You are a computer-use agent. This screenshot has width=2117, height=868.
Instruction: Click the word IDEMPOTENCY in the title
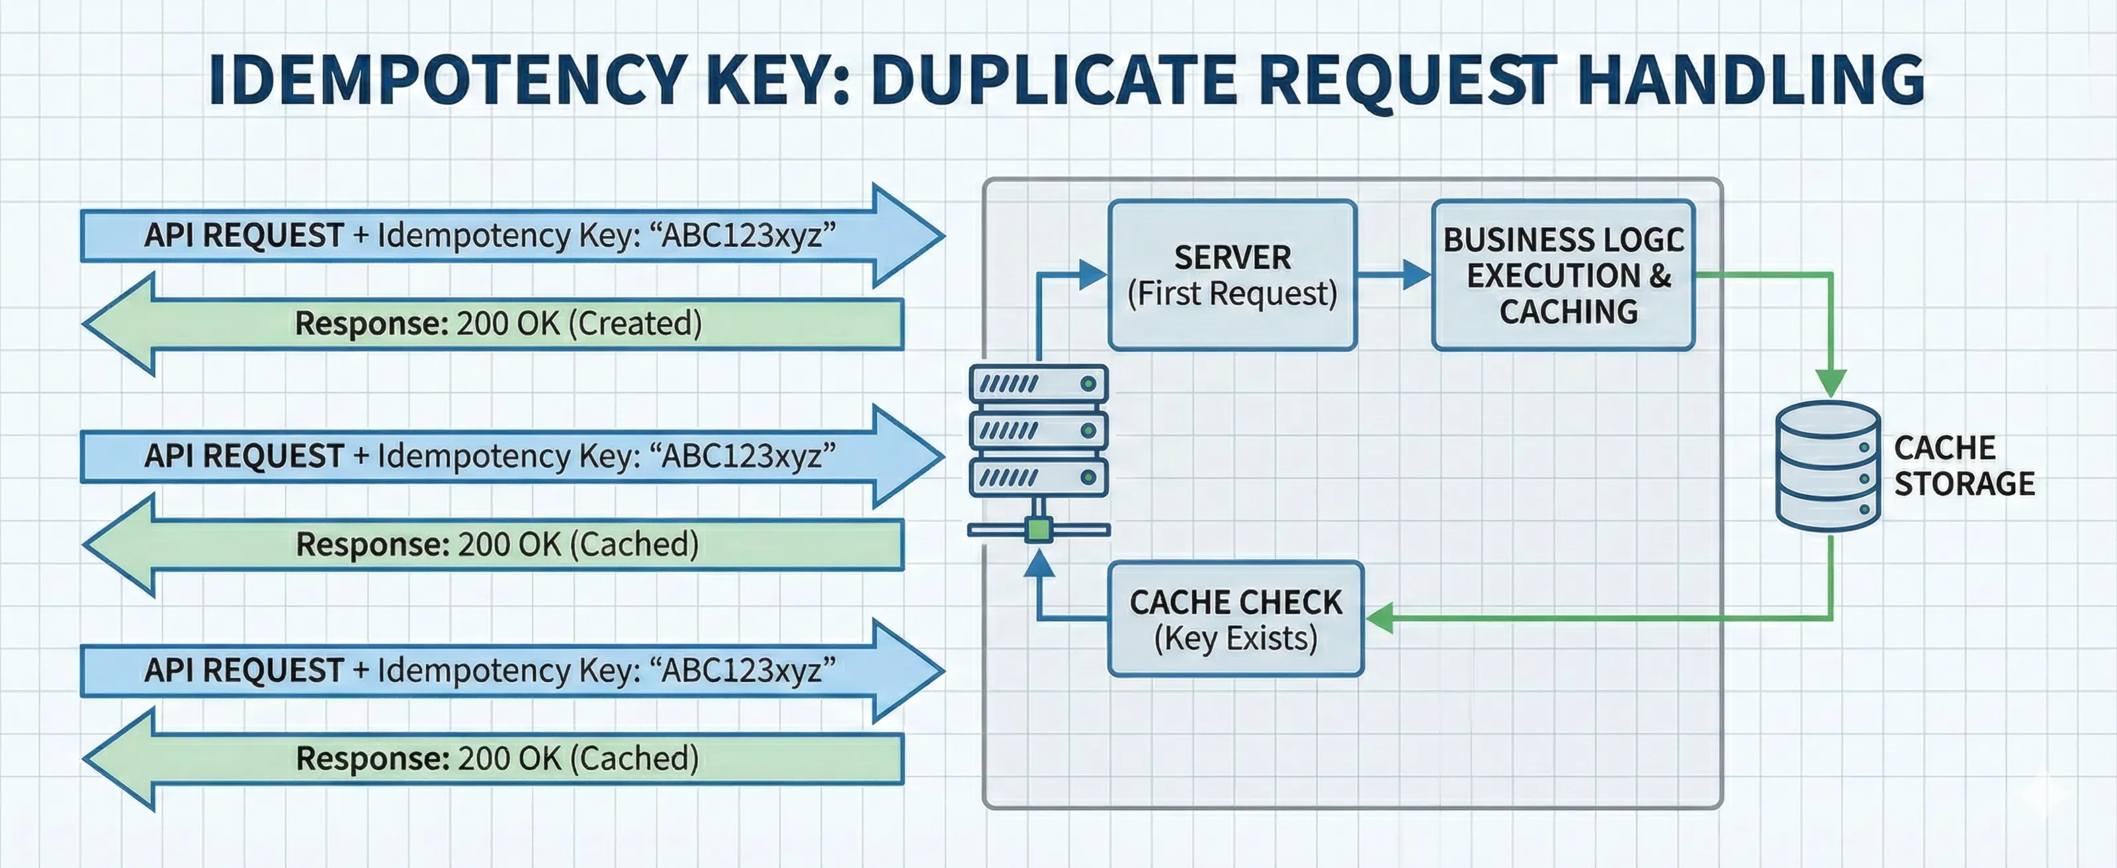[x=448, y=80]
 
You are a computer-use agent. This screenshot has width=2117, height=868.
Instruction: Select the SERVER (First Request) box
[x=1232, y=275]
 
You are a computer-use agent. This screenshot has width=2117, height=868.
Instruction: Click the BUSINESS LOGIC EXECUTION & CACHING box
[x=1563, y=275]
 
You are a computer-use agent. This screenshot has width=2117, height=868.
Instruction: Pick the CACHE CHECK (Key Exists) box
[x=1235, y=620]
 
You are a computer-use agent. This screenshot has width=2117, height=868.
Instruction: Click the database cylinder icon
[x=1828, y=466]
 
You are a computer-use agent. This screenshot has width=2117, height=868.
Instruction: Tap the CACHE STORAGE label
[x=1964, y=466]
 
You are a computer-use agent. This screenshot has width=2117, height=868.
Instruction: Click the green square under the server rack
[x=1039, y=529]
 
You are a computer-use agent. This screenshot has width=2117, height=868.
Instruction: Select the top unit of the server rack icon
[x=1039, y=384]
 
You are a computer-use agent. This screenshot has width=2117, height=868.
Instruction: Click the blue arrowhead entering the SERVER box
[x=1092, y=275]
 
